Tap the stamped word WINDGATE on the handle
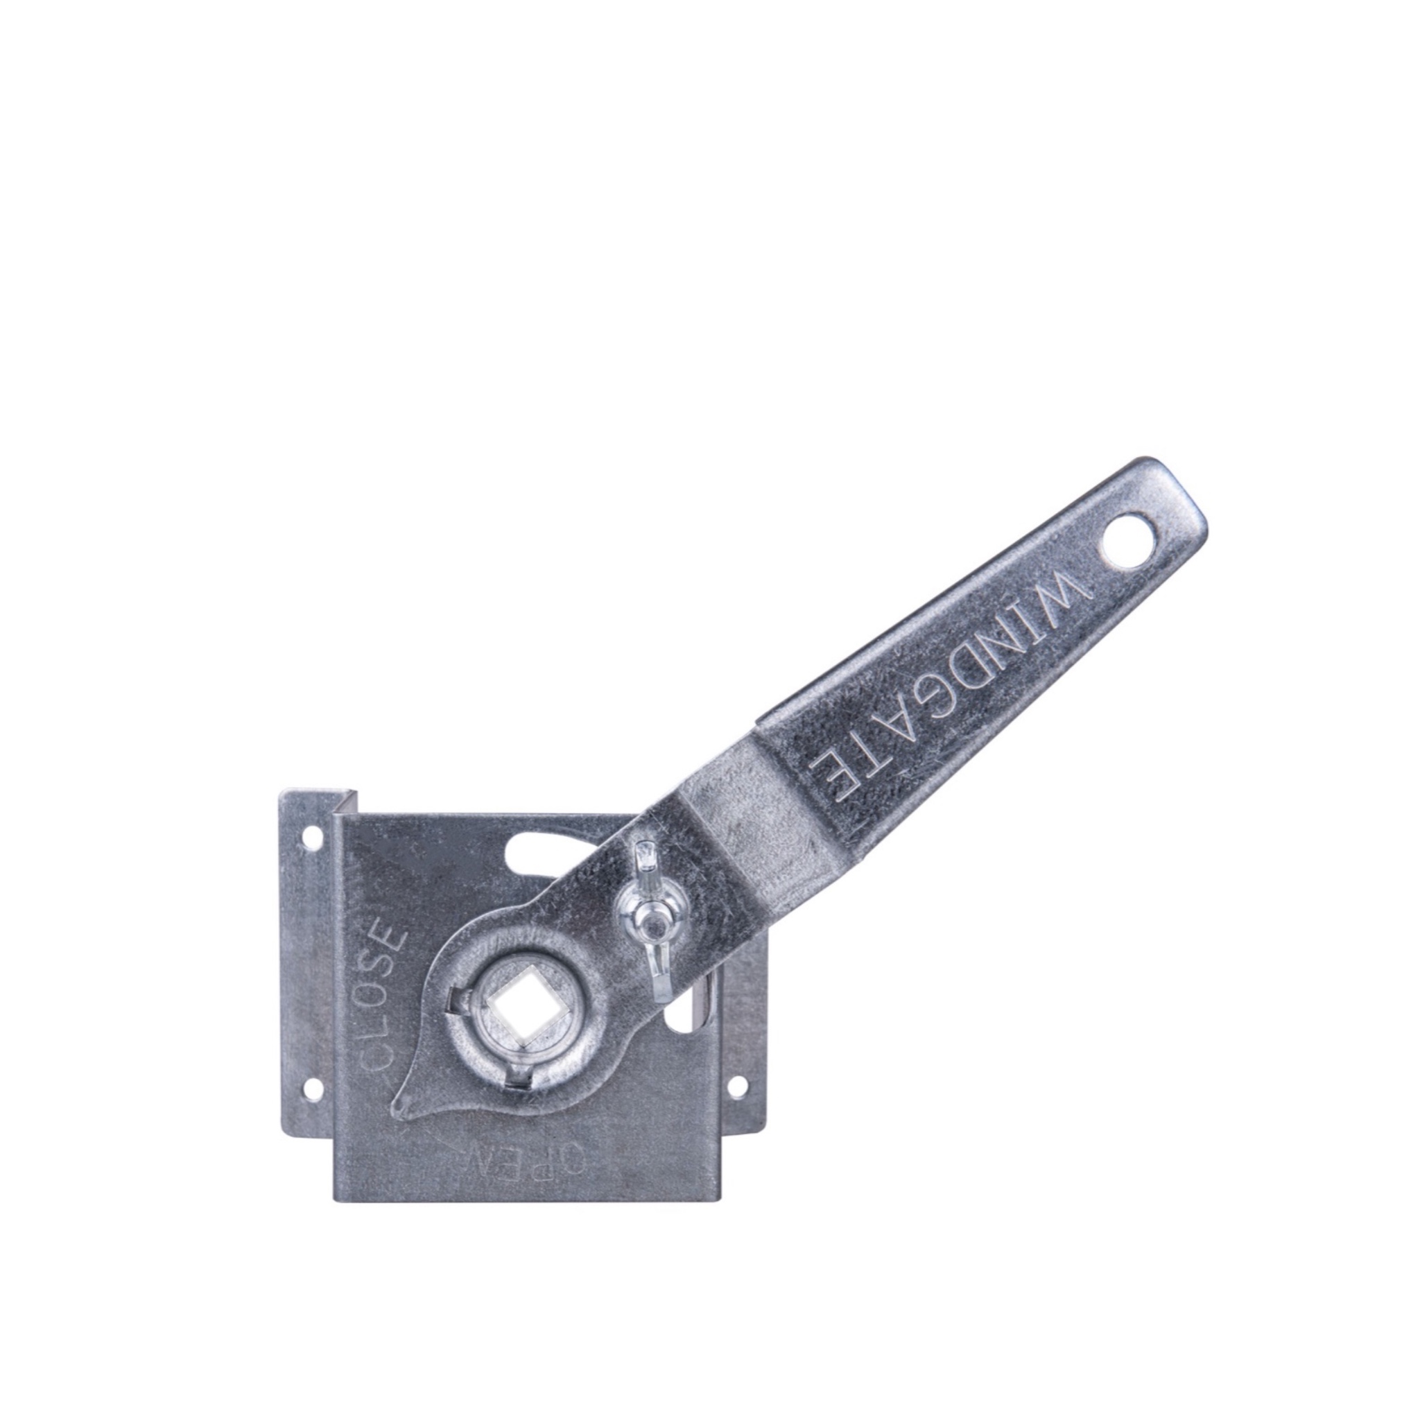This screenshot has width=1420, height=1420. click(948, 686)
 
